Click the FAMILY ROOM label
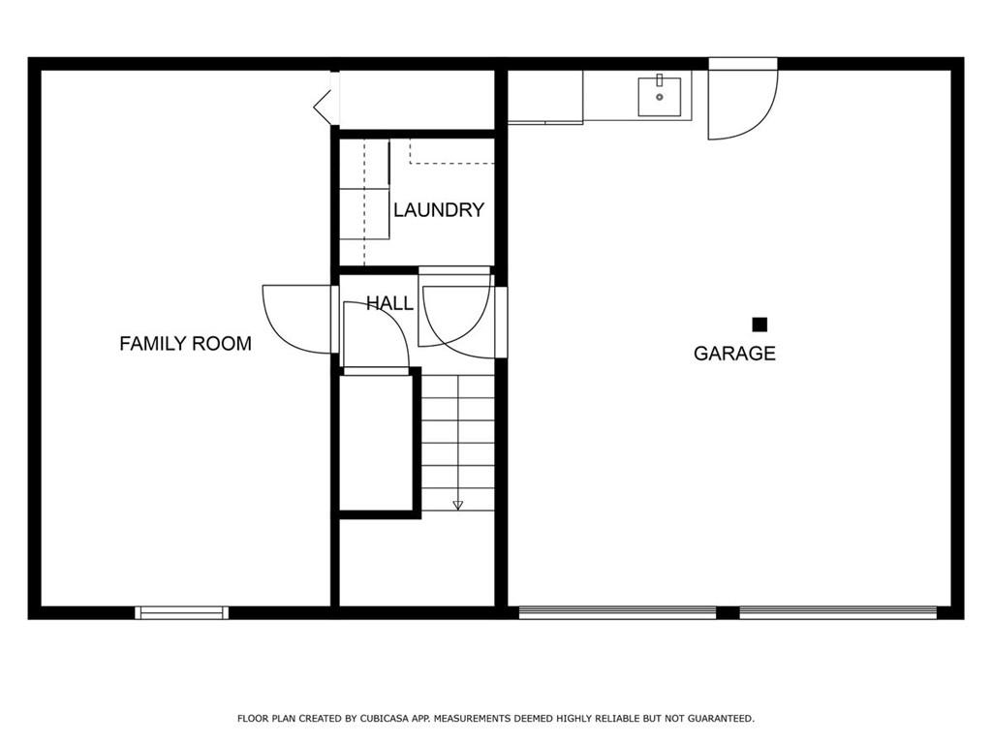click(x=185, y=344)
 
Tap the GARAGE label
click(x=734, y=353)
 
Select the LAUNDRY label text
click(x=439, y=209)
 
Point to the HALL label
click(x=389, y=303)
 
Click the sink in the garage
click(x=659, y=97)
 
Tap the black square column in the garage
click(x=759, y=325)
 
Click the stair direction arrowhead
click(x=457, y=505)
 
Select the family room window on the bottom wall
click(x=181, y=612)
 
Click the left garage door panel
click(x=617, y=612)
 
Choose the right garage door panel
click(x=838, y=612)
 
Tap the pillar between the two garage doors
click(x=728, y=612)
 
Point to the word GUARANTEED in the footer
click(x=721, y=719)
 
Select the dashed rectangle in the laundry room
click(x=451, y=151)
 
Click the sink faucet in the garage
click(x=659, y=80)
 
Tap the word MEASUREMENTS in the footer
click(x=472, y=719)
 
